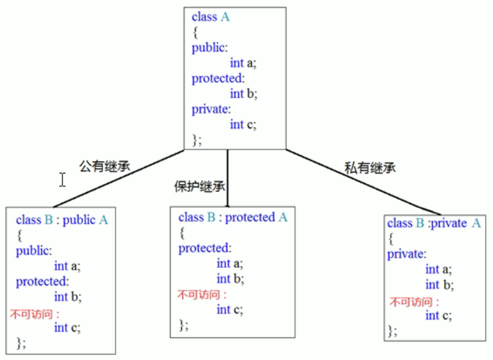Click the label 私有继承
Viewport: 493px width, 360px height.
[369, 168]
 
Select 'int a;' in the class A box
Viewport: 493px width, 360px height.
[243, 63]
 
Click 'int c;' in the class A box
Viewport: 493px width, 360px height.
[243, 124]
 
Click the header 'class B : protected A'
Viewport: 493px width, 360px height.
[233, 217]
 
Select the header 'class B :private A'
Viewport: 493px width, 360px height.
[433, 223]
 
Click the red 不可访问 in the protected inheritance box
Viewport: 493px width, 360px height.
[202, 295]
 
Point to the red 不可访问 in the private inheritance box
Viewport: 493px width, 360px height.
[411, 302]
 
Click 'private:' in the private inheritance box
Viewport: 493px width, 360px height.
[406, 254]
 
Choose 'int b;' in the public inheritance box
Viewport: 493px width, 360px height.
[67, 297]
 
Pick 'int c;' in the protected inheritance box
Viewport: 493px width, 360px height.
[229, 310]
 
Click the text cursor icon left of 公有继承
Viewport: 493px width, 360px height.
[62, 179]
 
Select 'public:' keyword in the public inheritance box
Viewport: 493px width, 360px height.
[34, 250]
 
